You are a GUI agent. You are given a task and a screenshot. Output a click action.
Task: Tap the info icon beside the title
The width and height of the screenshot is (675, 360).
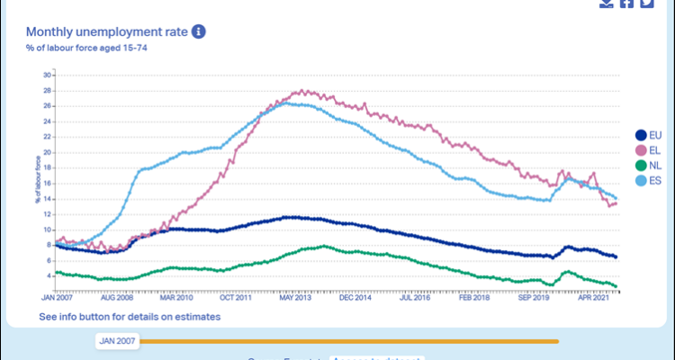click(x=199, y=31)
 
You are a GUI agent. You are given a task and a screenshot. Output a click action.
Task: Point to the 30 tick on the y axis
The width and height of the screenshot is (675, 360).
click(x=48, y=75)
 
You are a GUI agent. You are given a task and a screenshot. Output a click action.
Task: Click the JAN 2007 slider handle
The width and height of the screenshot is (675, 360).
click(x=117, y=341)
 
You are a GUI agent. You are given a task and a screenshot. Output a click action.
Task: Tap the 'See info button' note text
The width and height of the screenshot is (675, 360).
click(x=130, y=317)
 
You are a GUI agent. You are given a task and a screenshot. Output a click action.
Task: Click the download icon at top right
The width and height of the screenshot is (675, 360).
click(x=606, y=4)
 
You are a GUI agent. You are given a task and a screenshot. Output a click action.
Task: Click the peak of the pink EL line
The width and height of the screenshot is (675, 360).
click(x=303, y=90)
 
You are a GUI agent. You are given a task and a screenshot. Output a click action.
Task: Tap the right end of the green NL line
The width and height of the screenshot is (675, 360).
click(x=616, y=286)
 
